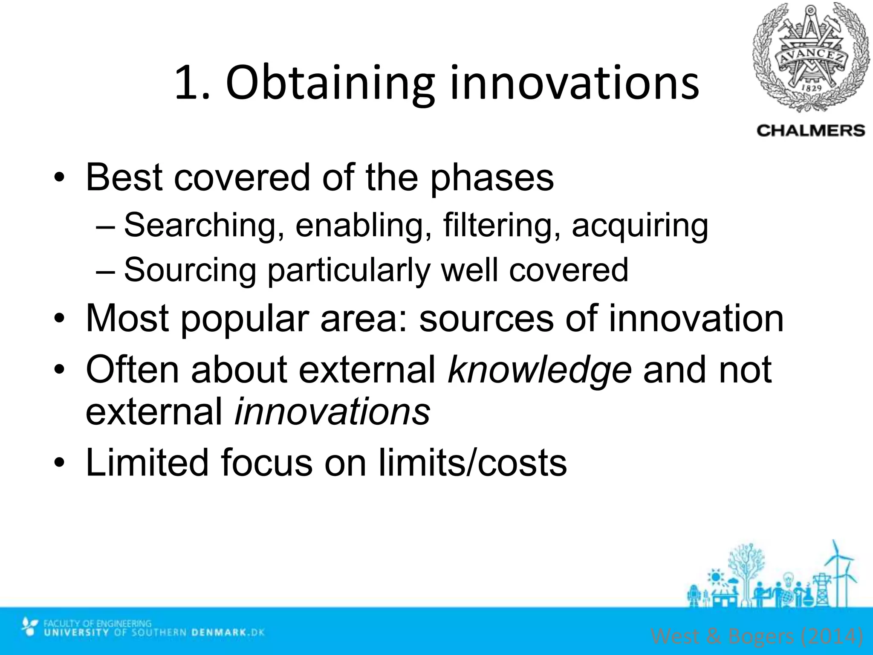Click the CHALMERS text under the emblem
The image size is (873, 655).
click(811, 130)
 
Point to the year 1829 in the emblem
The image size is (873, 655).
click(812, 88)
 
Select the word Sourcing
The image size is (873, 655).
click(190, 270)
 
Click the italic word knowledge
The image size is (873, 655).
click(539, 369)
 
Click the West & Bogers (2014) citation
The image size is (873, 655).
click(757, 636)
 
